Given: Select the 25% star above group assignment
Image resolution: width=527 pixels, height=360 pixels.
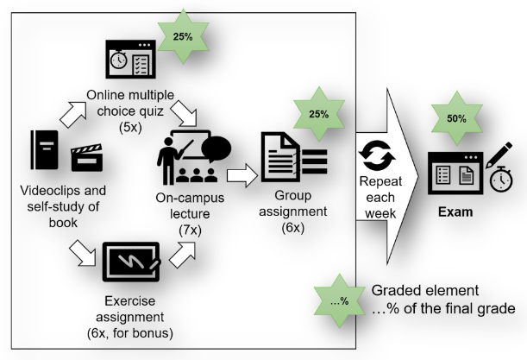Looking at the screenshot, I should click(318, 114).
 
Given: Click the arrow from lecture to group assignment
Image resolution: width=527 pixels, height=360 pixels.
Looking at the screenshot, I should click(243, 177).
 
